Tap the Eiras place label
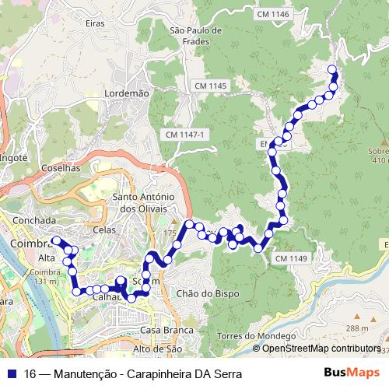click(95, 24)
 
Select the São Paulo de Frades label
click(195, 36)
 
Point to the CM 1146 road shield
click(272, 15)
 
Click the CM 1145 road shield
click(211, 85)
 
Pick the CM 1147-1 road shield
click(186, 135)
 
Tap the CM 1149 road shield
click(292, 258)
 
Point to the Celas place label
click(103, 230)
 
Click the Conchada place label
click(34, 220)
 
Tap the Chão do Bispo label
click(208, 293)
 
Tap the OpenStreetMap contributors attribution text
click(321, 349)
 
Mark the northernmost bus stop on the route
click(333, 70)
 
